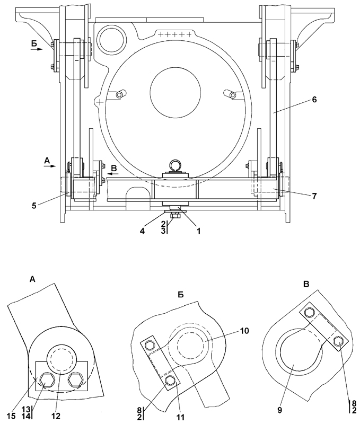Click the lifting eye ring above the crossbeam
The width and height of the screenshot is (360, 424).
[175, 167]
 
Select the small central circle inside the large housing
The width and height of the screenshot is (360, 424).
[175, 94]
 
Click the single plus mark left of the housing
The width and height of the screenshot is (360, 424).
[99, 100]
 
